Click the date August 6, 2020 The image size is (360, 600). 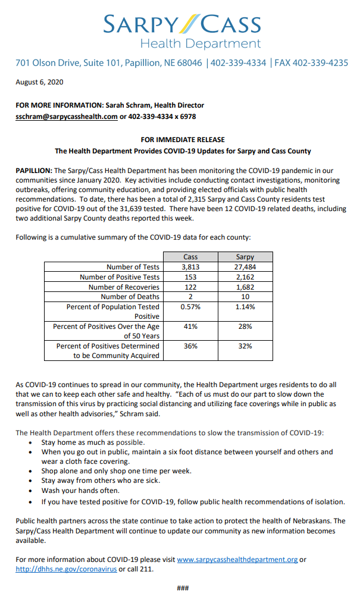pyautogui.click(x=39, y=82)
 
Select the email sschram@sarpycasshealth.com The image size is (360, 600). pyautogui.click(x=66, y=117)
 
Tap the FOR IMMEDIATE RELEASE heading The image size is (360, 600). pyautogui.click(x=183, y=140)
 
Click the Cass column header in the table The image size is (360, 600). pyautogui.click(x=190, y=257)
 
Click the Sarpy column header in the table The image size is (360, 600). pyautogui.click(x=245, y=257)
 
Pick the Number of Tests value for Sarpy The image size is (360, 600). pyautogui.click(x=245, y=267)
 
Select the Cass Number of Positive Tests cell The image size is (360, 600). pyautogui.click(x=190, y=277)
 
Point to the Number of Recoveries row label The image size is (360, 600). pyautogui.click(x=124, y=287)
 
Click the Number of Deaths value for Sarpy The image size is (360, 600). pyautogui.click(x=245, y=297)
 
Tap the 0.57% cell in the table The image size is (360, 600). pyautogui.click(x=190, y=307)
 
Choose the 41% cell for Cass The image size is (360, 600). pyautogui.click(x=190, y=326)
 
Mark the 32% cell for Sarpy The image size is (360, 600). pyautogui.click(x=245, y=345)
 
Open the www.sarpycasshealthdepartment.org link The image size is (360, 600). pyautogui.click(x=237, y=560)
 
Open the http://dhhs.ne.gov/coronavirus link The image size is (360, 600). pyautogui.click(x=65, y=569)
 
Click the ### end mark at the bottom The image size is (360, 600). pyautogui.click(x=183, y=588)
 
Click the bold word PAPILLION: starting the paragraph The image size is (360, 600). pyautogui.click(x=34, y=171)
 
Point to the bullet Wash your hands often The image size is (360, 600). pyautogui.click(x=79, y=491)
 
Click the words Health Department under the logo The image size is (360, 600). pyautogui.click(x=200, y=43)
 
